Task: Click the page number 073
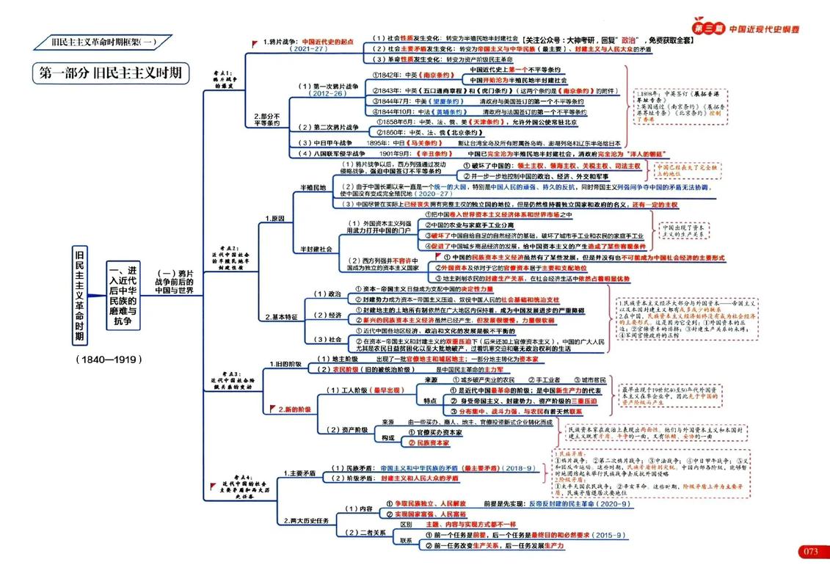click(x=809, y=552)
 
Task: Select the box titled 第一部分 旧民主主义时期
click(x=110, y=74)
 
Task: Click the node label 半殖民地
click(x=312, y=188)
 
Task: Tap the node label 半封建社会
click(x=316, y=249)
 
